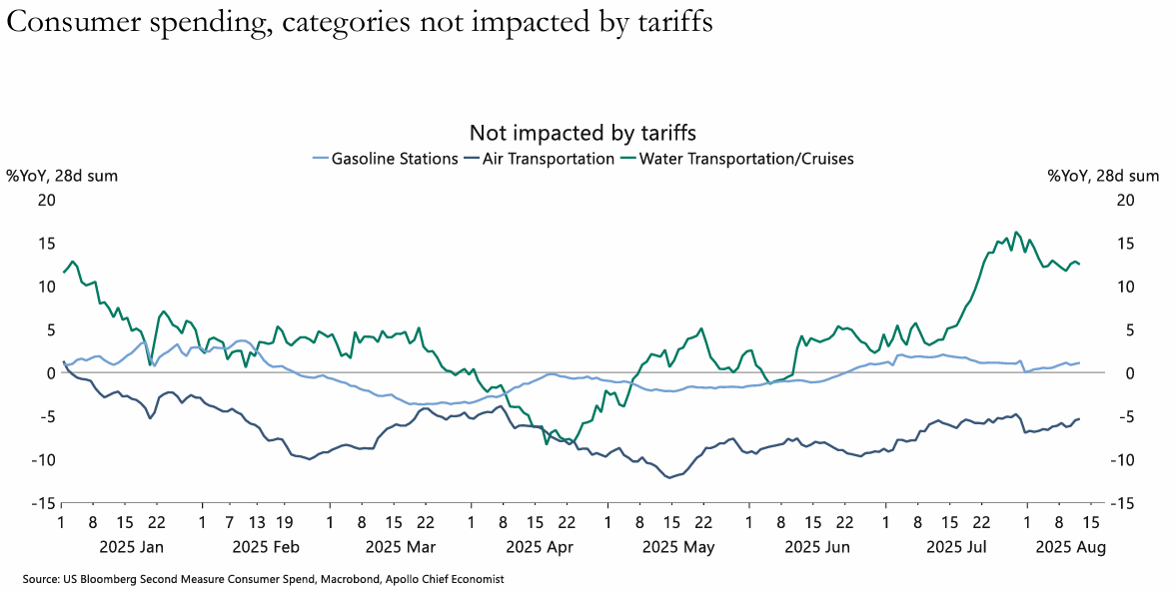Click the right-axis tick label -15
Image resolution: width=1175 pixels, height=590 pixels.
[1123, 504]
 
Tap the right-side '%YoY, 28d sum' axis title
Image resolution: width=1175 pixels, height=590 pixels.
[1103, 177]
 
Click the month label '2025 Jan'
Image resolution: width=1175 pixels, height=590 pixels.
[132, 546]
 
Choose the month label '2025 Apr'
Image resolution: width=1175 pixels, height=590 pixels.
[540, 546]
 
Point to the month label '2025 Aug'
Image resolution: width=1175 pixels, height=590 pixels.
[1069, 546]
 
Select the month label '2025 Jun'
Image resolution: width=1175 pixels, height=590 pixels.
[817, 546]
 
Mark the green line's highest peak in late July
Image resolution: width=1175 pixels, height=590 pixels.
[1016, 232]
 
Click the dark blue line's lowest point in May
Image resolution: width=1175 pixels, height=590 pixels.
[668, 477]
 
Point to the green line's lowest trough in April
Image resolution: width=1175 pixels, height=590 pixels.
[547, 444]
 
